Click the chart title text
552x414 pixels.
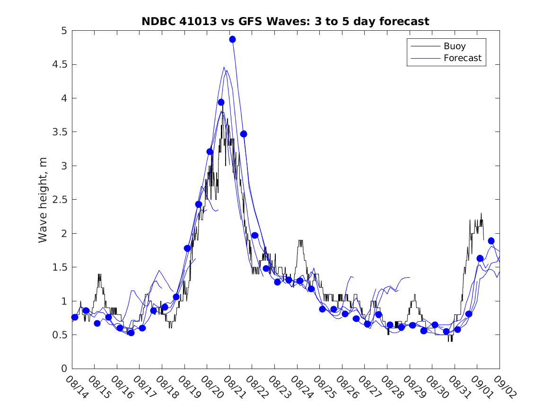click(x=285, y=21)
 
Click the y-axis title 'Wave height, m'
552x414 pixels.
click(x=43, y=200)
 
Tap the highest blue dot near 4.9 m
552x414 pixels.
click(x=232, y=39)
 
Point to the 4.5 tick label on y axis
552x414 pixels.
click(x=59, y=64)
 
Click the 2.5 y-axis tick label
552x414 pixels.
click(x=59, y=200)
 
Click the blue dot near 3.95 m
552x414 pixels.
click(x=221, y=102)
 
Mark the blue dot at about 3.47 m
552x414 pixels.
click(x=244, y=134)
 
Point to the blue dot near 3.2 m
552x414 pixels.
click(x=210, y=151)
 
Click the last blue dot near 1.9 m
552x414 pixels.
click(x=491, y=241)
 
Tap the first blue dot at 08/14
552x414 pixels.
click(x=75, y=317)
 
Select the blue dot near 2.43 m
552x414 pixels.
click(x=199, y=204)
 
